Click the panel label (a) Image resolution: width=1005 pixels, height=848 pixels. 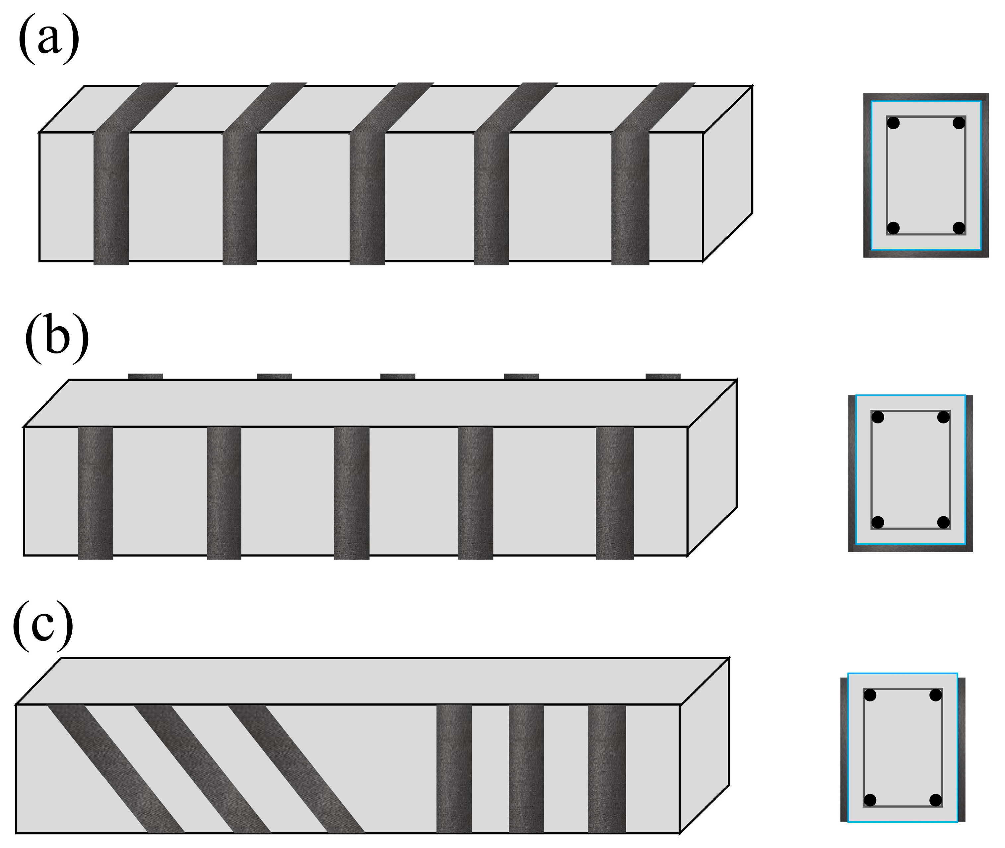(x=48, y=40)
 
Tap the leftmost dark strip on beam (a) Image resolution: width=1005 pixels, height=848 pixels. (x=111, y=197)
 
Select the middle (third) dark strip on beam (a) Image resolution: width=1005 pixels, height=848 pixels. (x=367, y=197)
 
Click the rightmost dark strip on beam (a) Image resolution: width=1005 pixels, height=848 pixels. (x=630, y=197)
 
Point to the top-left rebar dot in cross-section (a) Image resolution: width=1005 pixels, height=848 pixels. (x=893, y=123)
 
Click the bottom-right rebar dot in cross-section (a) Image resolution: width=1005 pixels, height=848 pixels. (x=959, y=228)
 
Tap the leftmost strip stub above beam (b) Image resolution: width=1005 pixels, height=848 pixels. (x=145, y=376)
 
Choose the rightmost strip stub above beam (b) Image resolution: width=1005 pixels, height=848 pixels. (x=663, y=376)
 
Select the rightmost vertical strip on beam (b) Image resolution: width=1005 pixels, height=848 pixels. (x=615, y=493)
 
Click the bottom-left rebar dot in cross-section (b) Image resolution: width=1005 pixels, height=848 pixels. (x=878, y=522)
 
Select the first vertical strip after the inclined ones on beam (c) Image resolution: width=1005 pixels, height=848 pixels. (x=454, y=769)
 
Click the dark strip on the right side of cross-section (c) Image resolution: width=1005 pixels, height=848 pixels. (x=961, y=750)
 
